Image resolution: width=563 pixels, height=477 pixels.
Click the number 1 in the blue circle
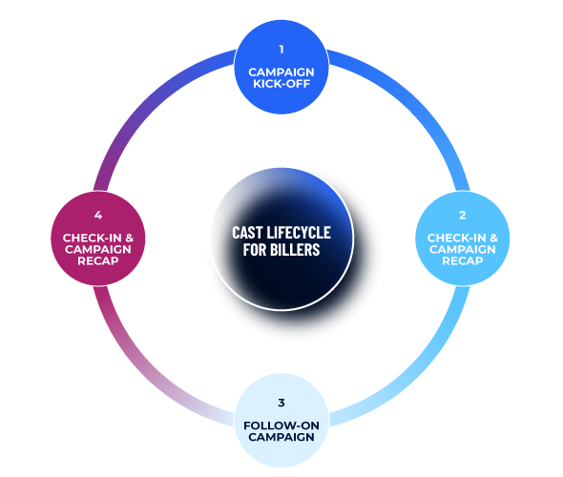tap(281, 49)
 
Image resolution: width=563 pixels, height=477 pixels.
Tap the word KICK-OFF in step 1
tap(281, 83)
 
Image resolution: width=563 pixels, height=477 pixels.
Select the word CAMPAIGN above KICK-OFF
tap(281, 71)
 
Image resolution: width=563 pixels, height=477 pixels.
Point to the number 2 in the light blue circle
tap(462, 216)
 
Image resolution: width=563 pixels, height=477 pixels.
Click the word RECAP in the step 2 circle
tap(462, 260)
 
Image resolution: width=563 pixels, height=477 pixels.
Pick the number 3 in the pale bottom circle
tap(281, 403)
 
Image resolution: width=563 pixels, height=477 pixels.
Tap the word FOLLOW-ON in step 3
tap(281, 425)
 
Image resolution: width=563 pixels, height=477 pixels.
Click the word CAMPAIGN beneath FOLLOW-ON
tap(281, 437)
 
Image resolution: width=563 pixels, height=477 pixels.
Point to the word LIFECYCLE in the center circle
tap(302, 232)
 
